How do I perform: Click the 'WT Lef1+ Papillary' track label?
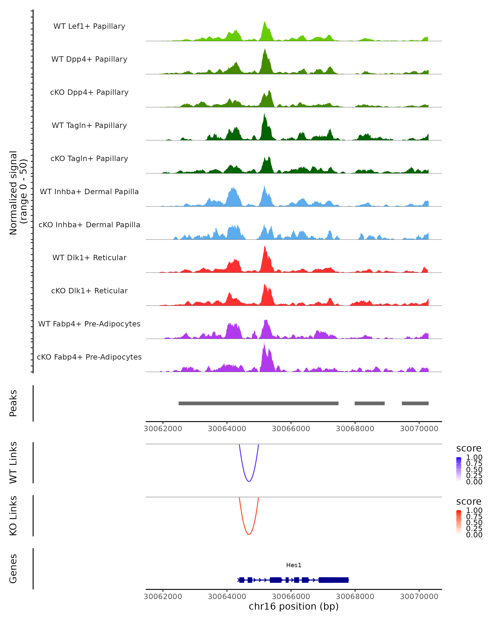[x=89, y=26]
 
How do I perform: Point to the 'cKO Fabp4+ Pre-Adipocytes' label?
[x=89, y=357]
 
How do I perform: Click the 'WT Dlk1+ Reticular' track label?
[x=89, y=258]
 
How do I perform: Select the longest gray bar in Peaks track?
[x=258, y=403]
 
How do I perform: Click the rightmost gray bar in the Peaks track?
[x=415, y=403]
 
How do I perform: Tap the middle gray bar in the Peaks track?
[x=370, y=403]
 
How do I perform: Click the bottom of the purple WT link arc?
[x=249, y=481]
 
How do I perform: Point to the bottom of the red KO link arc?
[x=249, y=534]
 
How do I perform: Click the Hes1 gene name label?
[x=294, y=565]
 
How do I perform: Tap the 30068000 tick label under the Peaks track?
[x=355, y=429]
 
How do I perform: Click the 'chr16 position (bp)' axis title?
[x=294, y=607]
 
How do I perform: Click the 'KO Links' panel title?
[x=13, y=516]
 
